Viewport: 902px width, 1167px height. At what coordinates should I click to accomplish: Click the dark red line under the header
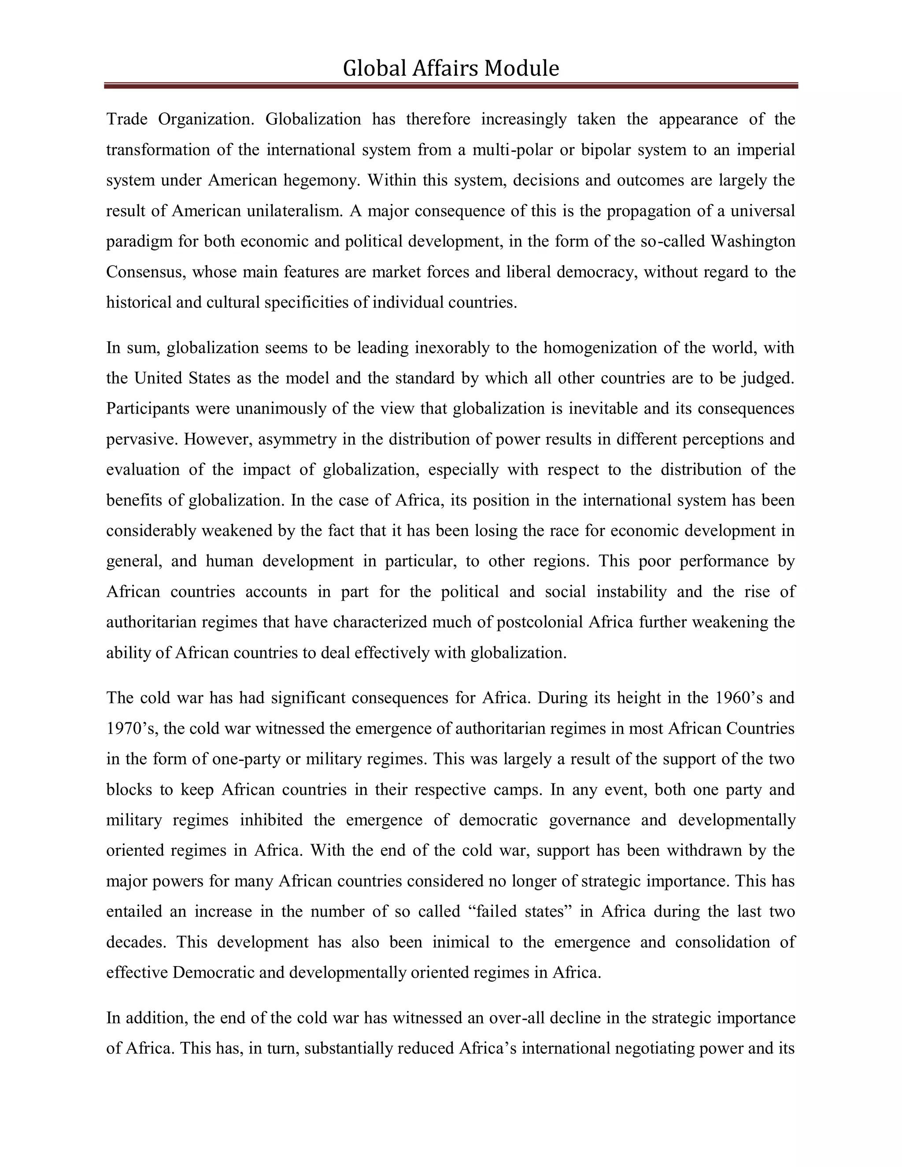click(x=451, y=85)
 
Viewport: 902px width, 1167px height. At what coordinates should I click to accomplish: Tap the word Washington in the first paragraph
click(x=752, y=241)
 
